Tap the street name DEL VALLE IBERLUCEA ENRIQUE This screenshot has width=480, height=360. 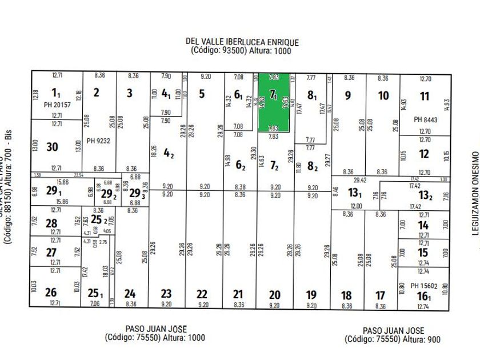click(242, 42)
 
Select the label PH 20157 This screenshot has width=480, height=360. click(57, 105)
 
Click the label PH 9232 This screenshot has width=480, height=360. click(98, 140)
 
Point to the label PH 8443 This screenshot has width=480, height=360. click(425, 119)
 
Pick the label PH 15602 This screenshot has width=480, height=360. click(425, 286)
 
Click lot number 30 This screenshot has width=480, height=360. click(52, 147)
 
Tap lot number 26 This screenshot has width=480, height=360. click(51, 293)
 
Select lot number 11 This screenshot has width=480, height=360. click(424, 97)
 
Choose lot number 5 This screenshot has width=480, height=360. click(202, 93)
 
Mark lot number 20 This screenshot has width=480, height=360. click(275, 295)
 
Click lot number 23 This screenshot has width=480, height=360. click(166, 294)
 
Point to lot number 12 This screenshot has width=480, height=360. click(424, 154)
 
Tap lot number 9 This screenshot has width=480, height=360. click(347, 95)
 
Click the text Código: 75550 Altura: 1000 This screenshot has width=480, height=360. click(155, 338)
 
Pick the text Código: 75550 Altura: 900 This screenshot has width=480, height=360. click(393, 339)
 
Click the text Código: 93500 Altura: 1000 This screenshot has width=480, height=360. click(242, 51)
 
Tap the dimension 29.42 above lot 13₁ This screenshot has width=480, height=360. click(359, 179)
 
